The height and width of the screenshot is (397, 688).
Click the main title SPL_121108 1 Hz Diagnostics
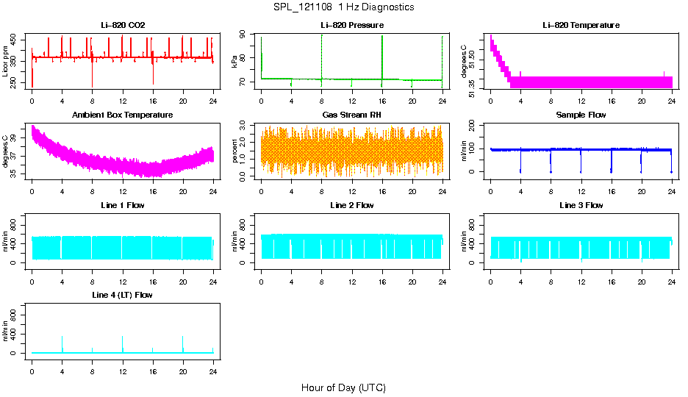pyautogui.click(x=343, y=7)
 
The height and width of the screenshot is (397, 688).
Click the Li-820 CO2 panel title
pyautogui.click(x=123, y=25)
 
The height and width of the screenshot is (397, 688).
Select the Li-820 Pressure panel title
pyautogui.click(x=351, y=25)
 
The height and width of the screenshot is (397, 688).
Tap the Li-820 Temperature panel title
pyautogui.click(x=581, y=25)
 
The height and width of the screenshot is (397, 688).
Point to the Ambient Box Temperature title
pyautogui.click(x=123, y=115)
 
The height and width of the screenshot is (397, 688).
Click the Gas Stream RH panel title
pyautogui.click(x=351, y=115)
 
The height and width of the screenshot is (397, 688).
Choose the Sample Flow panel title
pyautogui.click(x=581, y=115)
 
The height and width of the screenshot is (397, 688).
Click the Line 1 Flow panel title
pyautogui.click(x=123, y=205)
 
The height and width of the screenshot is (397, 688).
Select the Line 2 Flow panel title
pyautogui.click(x=351, y=205)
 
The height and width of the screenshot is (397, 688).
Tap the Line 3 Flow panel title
pyautogui.click(x=581, y=205)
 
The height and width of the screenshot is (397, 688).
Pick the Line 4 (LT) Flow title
pyautogui.click(x=123, y=295)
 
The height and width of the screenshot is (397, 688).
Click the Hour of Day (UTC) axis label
pyautogui.click(x=343, y=387)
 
